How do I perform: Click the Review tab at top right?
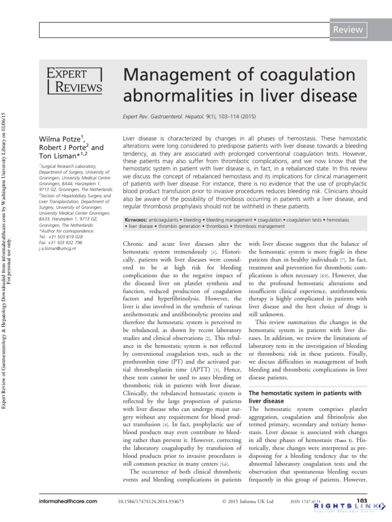pos(348,30)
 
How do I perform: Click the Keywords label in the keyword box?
pos(141,220)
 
